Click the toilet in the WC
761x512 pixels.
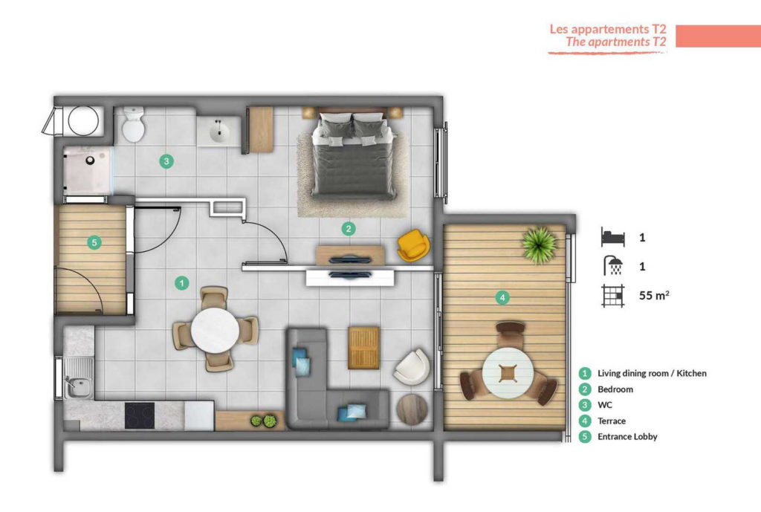133,124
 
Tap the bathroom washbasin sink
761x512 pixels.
220,131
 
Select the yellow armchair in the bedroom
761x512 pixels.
413,245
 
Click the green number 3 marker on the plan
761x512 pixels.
166,161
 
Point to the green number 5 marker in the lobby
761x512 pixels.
94,242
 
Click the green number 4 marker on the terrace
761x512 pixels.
503,297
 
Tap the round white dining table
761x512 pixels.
215,329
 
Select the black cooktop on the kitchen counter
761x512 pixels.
140,415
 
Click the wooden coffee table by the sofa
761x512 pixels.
363,348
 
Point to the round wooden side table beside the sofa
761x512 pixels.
412,409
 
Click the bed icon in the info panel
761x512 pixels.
613,237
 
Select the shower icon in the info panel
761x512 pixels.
613,266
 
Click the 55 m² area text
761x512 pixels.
654,295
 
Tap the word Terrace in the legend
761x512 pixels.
612,421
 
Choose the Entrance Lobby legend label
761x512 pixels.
627,436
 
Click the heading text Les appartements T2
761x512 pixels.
608,29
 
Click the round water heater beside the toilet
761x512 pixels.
83,120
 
